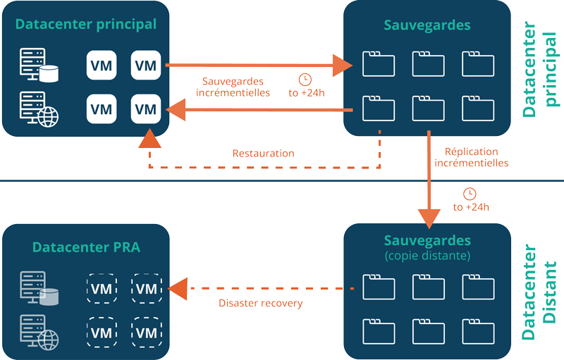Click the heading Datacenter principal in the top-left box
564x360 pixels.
click(x=85, y=25)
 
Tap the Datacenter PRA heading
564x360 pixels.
click(x=86, y=247)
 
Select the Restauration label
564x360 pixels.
click(x=263, y=153)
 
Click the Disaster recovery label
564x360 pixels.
click(x=260, y=303)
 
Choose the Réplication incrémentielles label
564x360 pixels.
click(x=471, y=157)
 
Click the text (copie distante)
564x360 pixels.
click(x=427, y=254)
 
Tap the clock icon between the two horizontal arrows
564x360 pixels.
click(x=305, y=78)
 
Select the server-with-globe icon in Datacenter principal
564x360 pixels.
click(x=39, y=109)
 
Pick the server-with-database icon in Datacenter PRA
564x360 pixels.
click(x=39, y=289)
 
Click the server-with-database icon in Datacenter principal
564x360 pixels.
click(x=39, y=66)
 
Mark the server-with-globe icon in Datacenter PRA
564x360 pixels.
click(x=39, y=333)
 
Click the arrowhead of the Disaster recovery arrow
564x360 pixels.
click(x=177, y=288)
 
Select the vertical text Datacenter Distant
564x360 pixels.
click(x=541, y=292)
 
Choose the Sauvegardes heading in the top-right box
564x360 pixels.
click(x=427, y=26)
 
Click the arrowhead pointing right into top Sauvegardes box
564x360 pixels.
click(x=343, y=66)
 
